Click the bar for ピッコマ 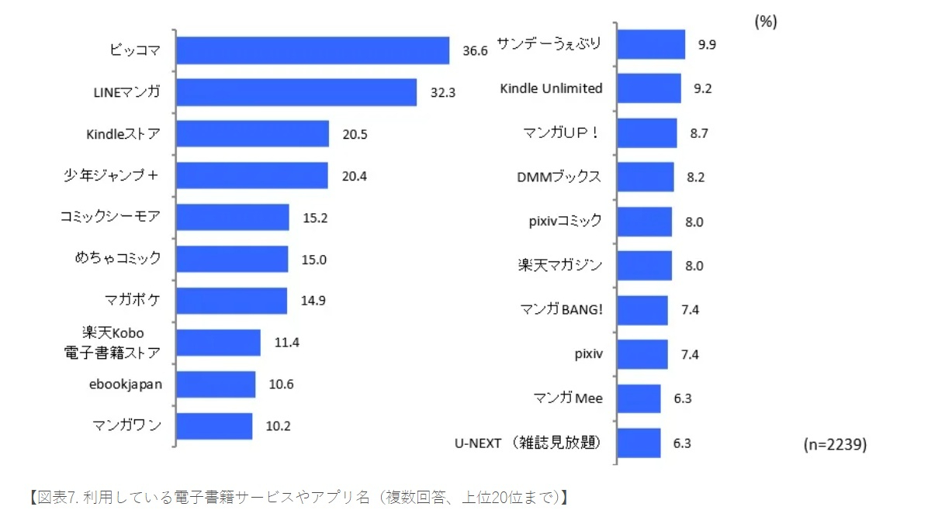coord(313,50)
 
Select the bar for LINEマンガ coord(296,92)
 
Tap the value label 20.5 coord(355,134)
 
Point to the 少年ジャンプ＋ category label coord(111,175)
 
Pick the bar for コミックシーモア coord(233,218)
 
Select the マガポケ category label coord(132,301)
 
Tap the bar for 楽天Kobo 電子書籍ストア coord(218,342)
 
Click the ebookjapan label coord(125,384)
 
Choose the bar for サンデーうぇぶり coord(650,44)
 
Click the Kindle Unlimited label coord(551,88)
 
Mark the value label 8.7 coord(699,133)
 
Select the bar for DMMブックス coord(645,177)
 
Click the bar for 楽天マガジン coord(644,265)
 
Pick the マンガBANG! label coord(561,310)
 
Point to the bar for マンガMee coord(639,398)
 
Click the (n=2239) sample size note coord(835,445)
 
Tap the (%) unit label coord(766,22)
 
